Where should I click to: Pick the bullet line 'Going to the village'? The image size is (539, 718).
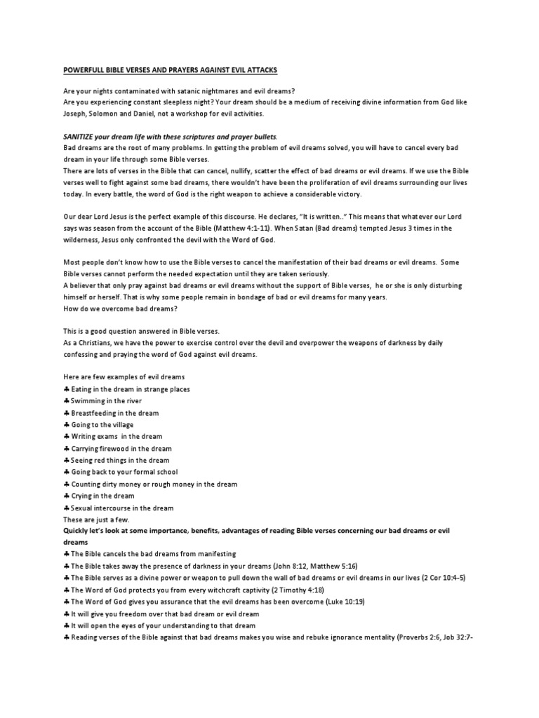pos(102,424)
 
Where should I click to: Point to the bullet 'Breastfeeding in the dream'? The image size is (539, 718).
pos(114,412)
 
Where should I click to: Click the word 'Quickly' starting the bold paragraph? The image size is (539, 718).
pos(79,531)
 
